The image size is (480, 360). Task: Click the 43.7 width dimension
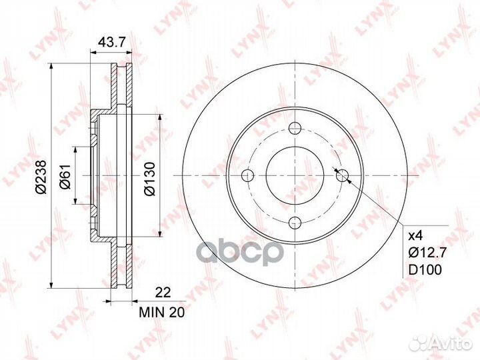pos(112,42)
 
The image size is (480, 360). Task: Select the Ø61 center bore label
pos(65,177)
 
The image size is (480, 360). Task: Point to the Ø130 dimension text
pos(150,179)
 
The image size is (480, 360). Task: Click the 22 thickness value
pos(163,293)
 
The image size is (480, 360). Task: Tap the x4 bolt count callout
pos(416,236)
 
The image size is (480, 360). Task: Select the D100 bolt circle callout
pos(425,270)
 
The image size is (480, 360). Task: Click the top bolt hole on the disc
pos(295,128)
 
